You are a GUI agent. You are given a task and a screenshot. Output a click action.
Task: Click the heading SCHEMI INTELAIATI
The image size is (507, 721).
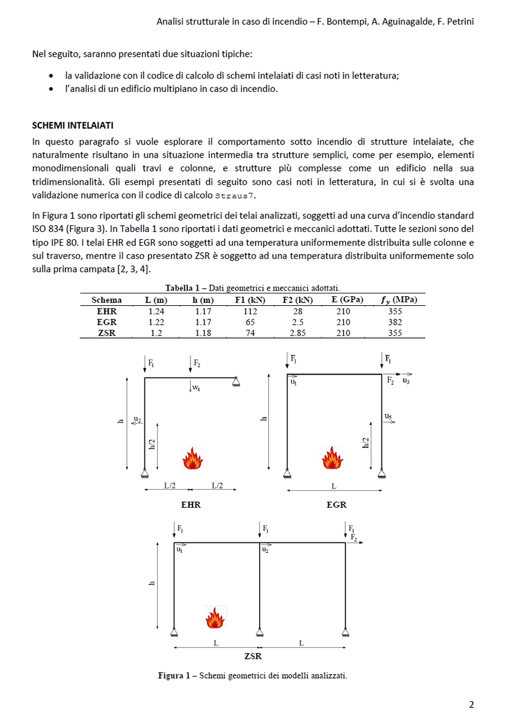click(73, 125)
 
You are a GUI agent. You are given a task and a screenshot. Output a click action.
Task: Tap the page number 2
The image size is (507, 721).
click(472, 705)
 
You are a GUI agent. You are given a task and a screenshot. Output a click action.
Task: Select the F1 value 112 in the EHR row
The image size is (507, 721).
click(250, 311)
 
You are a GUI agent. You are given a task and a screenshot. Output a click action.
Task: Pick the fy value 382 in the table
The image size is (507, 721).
click(395, 322)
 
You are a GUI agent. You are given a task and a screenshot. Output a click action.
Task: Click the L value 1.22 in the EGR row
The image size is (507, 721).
click(156, 322)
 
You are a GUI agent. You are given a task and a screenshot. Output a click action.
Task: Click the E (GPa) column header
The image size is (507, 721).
click(347, 300)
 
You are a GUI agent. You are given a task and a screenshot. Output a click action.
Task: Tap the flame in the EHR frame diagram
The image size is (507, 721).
click(193, 459)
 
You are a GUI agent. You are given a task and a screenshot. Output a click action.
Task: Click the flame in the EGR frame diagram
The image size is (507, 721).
click(332, 458)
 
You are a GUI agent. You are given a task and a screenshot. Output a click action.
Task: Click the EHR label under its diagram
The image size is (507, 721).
click(190, 505)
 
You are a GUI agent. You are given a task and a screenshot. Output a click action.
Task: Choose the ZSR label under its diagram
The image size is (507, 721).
click(252, 656)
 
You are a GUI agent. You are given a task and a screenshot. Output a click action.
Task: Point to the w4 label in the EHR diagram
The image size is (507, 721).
click(195, 388)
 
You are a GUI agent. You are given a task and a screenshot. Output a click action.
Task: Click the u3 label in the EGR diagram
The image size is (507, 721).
click(406, 381)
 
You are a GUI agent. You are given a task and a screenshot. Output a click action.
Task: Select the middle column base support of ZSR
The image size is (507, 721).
click(259, 631)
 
